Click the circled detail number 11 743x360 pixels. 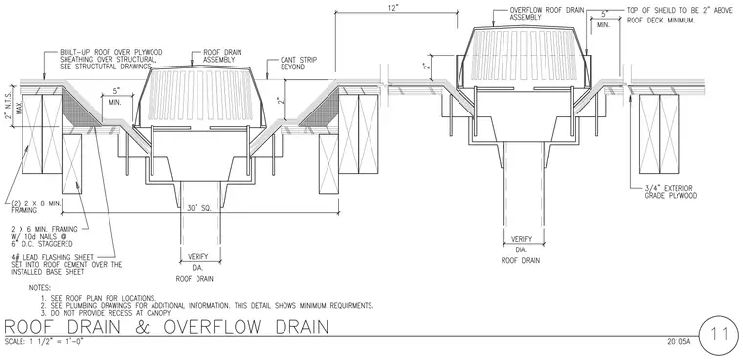pos(718,335)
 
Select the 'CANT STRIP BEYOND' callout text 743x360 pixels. pos(298,64)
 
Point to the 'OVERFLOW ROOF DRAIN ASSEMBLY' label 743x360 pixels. pos(546,13)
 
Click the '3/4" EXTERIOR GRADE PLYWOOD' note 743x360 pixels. pos(671,192)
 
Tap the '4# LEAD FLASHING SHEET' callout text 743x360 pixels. pos(66,265)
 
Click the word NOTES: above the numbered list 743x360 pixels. pos(40,288)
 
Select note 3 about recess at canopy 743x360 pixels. pos(106,313)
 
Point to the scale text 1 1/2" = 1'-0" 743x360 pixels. pos(45,341)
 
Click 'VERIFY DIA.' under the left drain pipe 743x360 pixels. pos(198,262)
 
